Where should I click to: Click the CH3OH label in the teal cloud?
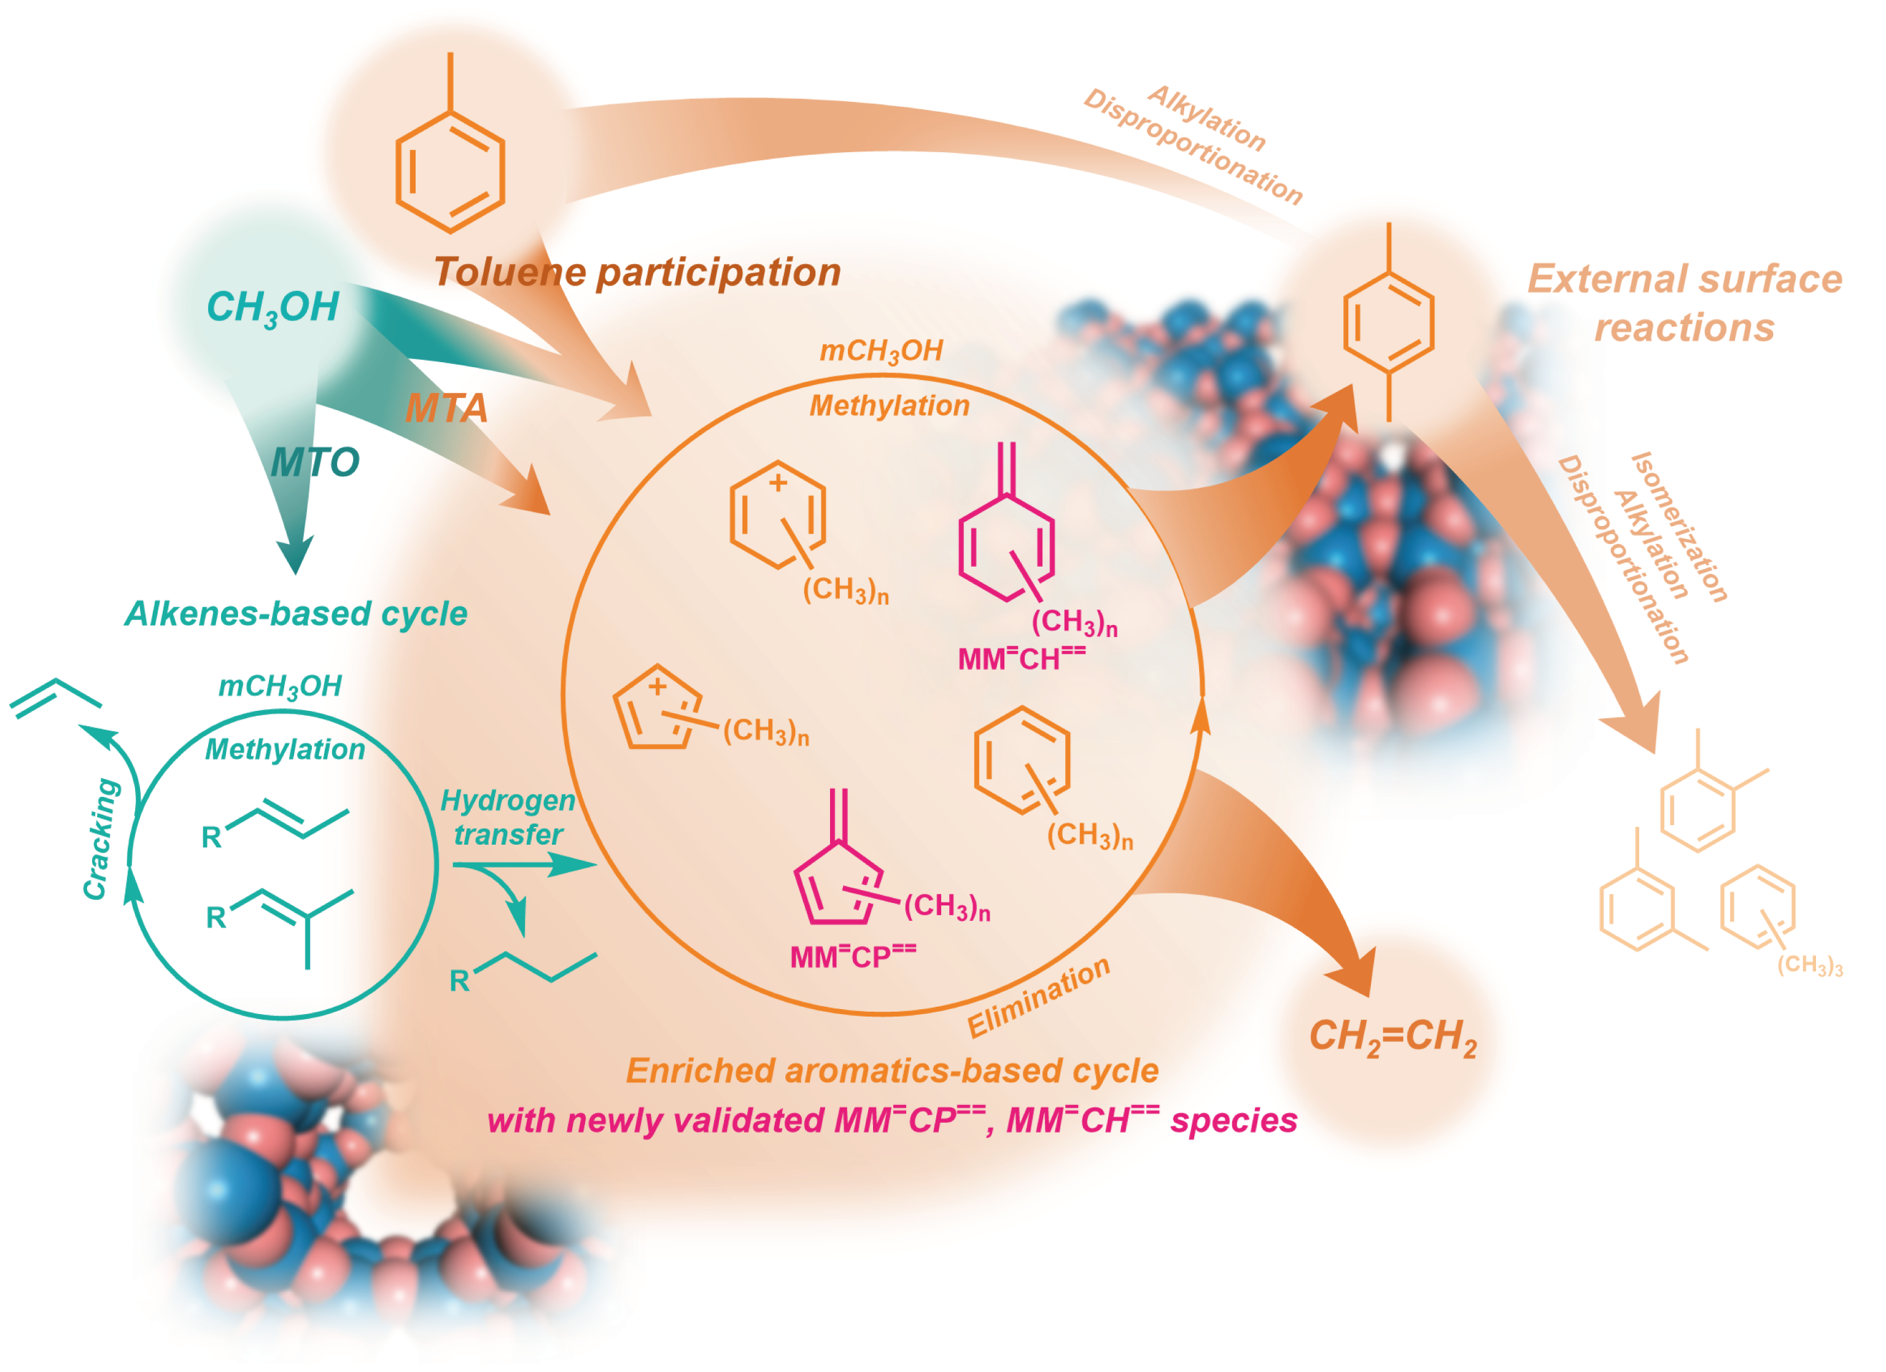pos(272,308)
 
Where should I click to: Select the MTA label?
pos(446,408)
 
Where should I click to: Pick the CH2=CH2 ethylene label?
pos(1393,1037)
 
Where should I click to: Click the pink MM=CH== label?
pos(1021,659)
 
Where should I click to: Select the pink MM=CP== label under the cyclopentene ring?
pos(852,956)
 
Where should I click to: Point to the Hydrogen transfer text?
pos(507,818)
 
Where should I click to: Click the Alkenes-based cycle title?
pos(296,614)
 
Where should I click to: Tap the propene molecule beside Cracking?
pos(55,697)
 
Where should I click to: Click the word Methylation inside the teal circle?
pos(284,749)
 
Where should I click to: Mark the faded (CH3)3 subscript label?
pos(1809,966)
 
